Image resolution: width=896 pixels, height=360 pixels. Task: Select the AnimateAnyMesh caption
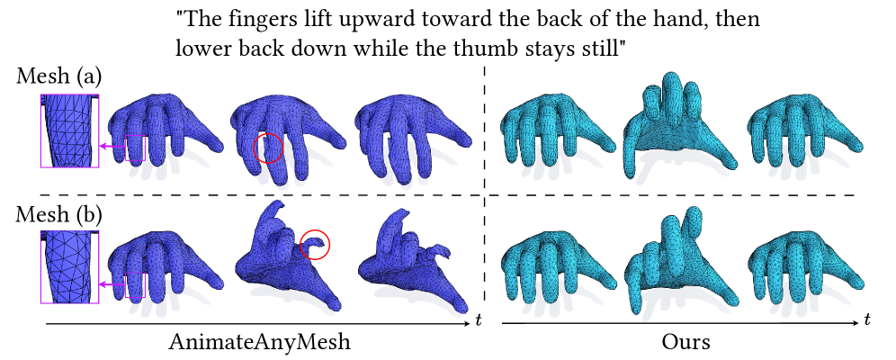point(259,342)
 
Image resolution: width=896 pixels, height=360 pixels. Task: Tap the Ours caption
point(686,342)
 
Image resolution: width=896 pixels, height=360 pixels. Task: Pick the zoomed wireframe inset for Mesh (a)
point(69,130)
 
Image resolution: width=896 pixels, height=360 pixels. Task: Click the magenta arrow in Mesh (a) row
point(112,147)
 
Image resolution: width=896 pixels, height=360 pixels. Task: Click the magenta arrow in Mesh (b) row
point(112,283)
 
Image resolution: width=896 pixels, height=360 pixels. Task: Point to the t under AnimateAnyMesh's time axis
point(478,321)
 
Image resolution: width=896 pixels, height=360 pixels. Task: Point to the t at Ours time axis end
point(868,319)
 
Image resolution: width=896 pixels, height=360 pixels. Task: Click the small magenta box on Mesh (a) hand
point(136,148)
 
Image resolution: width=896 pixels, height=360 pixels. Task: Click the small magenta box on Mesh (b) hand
point(136,284)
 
